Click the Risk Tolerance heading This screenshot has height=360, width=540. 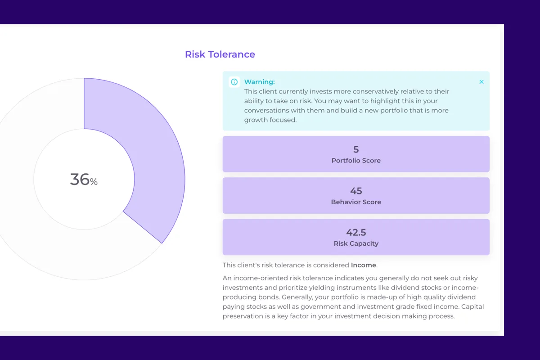pos(220,54)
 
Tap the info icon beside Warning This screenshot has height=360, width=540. pos(234,82)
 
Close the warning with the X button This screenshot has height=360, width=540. pos(481,82)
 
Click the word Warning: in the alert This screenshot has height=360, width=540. pos(259,82)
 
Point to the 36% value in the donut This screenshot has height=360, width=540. pos(84,180)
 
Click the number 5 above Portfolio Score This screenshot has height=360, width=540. pos(356,149)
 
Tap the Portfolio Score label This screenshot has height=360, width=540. pos(356,161)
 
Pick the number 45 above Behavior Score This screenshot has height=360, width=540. pos(356,191)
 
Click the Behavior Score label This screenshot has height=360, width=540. pos(356,202)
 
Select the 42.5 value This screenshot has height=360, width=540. pos(356,232)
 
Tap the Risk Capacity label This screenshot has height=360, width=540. pos(356,243)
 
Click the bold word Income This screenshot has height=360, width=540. pos(363,265)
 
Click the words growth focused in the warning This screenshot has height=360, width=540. pos(270,120)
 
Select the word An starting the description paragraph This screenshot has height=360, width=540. pos(227,278)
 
